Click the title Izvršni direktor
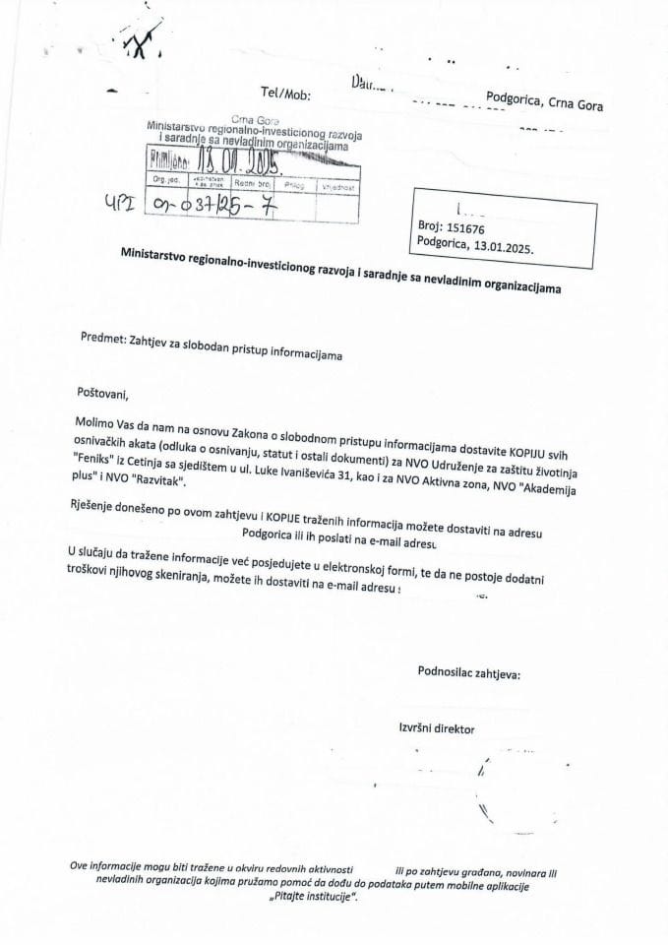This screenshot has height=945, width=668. point(433,729)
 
